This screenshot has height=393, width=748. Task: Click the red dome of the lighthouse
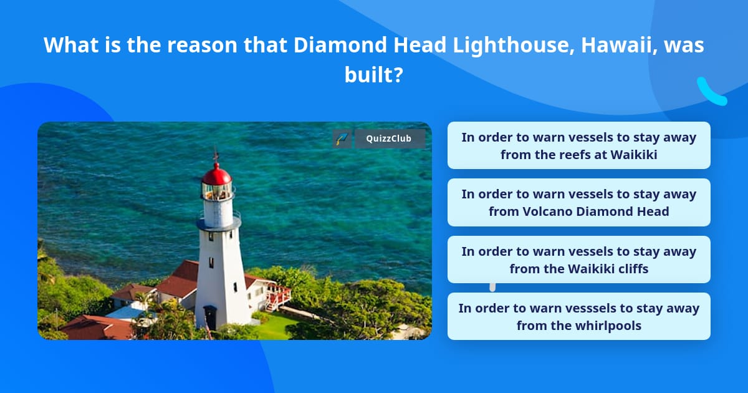point(216,174)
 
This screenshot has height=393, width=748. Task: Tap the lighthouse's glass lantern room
point(217,192)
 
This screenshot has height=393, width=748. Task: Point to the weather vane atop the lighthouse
point(216,153)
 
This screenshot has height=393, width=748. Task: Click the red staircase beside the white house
point(278,298)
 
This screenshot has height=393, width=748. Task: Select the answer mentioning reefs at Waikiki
point(578,145)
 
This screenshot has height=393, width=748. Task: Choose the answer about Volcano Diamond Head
point(578,202)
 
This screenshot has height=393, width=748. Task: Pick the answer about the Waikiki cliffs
point(578,260)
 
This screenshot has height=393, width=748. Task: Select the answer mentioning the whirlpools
point(578,316)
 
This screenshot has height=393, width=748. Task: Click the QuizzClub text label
point(390,138)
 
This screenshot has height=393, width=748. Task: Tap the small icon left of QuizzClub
point(342,138)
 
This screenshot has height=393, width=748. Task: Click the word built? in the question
point(374,75)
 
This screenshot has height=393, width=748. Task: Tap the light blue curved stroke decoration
point(711,92)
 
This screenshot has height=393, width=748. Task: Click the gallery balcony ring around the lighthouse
point(219,220)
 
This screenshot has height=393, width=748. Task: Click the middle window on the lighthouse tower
point(211,262)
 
